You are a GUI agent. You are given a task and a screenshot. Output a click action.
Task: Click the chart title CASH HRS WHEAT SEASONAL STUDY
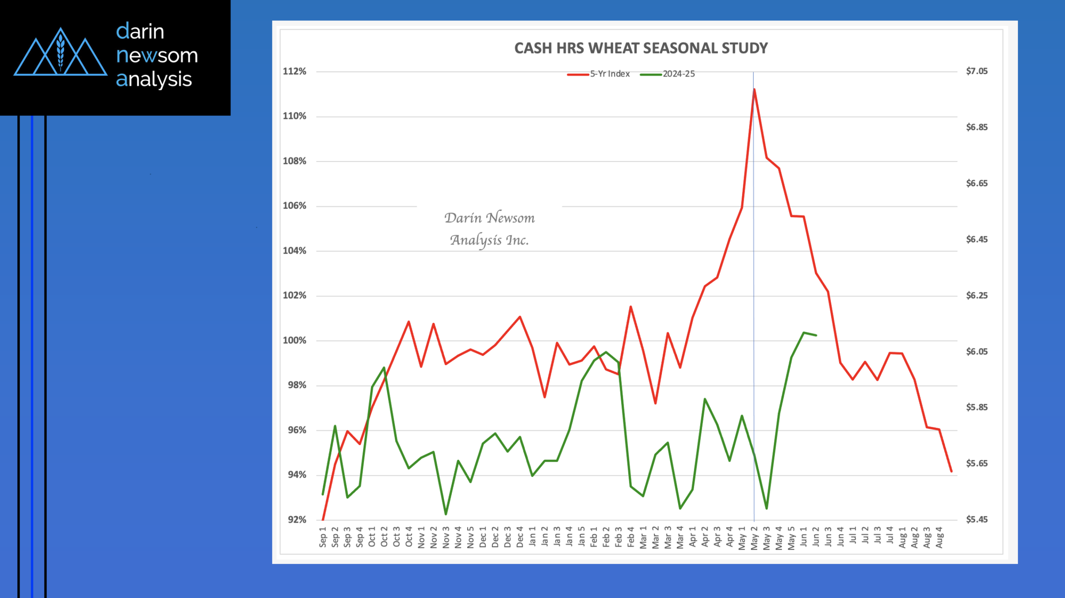click(641, 48)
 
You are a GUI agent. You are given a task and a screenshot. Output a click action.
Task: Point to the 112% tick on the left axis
click(295, 71)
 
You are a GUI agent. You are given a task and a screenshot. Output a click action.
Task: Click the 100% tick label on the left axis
click(295, 340)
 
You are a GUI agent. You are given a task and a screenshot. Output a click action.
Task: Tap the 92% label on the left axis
click(297, 519)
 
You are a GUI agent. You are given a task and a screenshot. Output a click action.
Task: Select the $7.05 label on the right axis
click(976, 71)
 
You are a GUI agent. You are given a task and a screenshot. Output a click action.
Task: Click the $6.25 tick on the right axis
click(976, 296)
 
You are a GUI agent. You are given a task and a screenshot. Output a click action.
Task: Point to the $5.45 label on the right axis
click(976, 519)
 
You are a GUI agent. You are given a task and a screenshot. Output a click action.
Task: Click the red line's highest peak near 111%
click(754, 89)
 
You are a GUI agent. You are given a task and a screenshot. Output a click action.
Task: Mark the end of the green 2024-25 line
click(816, 335)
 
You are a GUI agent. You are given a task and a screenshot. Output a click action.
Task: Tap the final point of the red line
click(951, 471)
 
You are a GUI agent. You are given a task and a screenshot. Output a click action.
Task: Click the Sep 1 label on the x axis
click(323, 537)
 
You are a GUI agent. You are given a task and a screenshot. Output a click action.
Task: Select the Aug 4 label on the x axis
click(939, 537)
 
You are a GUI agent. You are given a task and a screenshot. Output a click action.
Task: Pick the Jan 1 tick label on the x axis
click(532, 537)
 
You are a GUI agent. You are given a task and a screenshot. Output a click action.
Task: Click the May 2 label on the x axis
click(754, 538)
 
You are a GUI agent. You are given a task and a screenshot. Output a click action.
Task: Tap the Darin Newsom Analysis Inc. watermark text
click(490, 229)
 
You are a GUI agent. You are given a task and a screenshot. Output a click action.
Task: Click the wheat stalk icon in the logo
click(61, 52)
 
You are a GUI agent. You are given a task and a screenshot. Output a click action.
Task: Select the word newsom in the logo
click(157, 55)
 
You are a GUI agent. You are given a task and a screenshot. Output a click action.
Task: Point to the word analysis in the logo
click(154, 79)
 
